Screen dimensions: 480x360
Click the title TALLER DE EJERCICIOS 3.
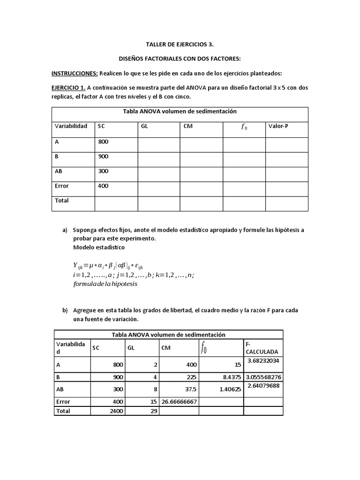point(180,45)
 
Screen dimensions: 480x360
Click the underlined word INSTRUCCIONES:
point(75,73)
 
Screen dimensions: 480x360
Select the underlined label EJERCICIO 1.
point(68,88)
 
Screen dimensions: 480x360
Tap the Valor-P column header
point(278,126)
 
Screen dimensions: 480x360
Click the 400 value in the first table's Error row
point(103,186)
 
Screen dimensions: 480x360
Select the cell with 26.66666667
point(180,402)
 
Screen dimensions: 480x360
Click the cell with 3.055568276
point(263,376)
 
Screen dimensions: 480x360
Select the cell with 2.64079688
point(262,386)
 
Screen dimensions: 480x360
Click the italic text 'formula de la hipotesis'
point(105,284)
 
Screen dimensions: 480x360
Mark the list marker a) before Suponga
point(65,230)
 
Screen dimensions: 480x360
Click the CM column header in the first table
point(188,126)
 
